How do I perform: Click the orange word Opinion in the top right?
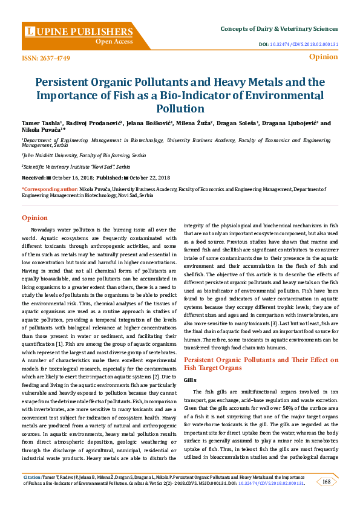click(x=323, y=57)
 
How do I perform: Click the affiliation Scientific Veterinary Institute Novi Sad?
click(x=76, y=166)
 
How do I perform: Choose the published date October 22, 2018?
click(x=149, y=178)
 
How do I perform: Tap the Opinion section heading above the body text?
click(x=34, y=218)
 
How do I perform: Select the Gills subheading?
click(x=191, y=378)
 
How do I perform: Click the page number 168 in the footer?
click(x=326, y=481)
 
